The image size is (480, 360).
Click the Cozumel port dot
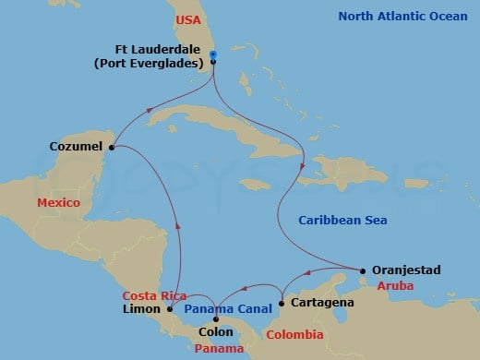click(112, 146)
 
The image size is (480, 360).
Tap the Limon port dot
click(170, 309)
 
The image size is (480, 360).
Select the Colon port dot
click(216, 320)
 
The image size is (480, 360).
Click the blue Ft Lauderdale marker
click(213, 55)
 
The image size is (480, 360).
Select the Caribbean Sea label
click(342, 220)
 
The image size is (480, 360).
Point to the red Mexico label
click(59, 202)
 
